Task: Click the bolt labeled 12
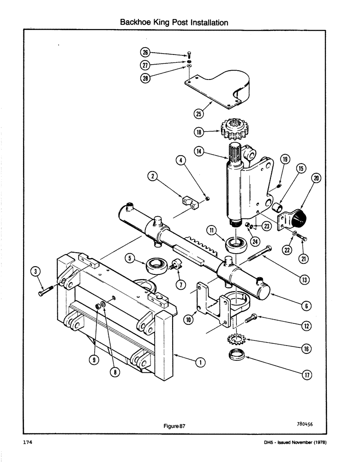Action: coord(251,318)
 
